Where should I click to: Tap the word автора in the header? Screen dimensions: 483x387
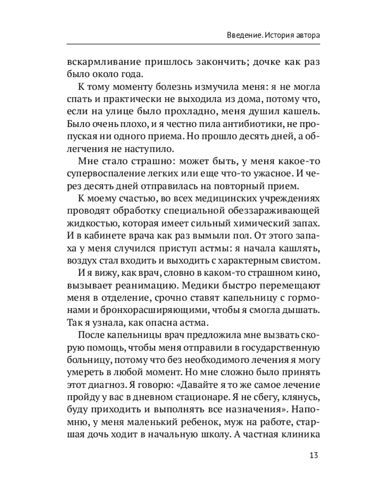click(x=307, y=36)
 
